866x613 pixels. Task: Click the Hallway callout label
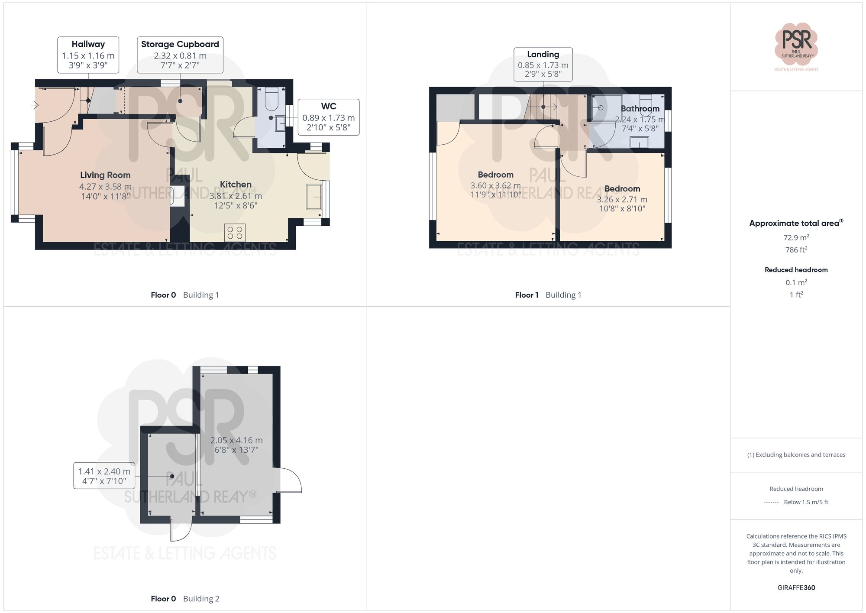(88, 55)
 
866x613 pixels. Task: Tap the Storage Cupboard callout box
(180, 55)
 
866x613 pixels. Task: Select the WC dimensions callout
(328, 117)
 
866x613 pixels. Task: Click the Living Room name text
(105, 175)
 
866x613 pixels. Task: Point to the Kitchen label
(236, 185)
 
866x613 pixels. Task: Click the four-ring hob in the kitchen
(235, 233)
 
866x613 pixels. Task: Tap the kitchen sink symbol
(314, 197)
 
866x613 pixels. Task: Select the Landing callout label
(543, 64)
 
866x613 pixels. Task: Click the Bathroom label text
(640, 109)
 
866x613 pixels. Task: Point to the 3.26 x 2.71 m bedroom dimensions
(622, 200)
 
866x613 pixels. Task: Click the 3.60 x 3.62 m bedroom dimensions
(495, 186)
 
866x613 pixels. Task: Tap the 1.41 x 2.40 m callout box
(104, 476)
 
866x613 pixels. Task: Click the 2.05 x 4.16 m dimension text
(236, 441)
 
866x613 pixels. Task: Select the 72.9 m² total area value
(796, 237)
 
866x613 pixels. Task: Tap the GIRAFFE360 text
(796, 588)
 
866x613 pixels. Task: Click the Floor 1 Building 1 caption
(548, 295)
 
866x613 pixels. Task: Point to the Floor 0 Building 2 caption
(185, 599)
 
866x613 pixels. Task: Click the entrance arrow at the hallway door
(35, 105)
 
